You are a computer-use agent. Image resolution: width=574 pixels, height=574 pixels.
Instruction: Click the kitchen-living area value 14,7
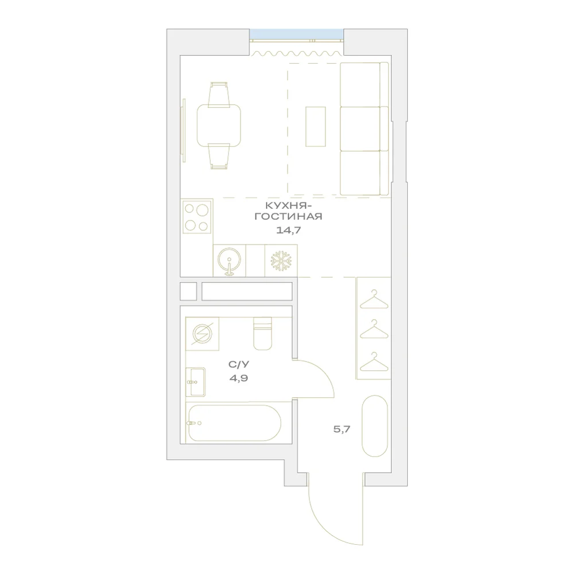click(289, 230)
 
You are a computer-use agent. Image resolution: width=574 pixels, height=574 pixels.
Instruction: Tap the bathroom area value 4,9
click(239, 378)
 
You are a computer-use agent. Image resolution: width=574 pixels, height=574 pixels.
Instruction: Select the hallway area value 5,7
click(342, 429)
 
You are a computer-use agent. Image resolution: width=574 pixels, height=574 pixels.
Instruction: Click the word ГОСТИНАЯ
click(289, 216)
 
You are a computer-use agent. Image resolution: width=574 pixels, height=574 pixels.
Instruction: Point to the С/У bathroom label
click(239, 364)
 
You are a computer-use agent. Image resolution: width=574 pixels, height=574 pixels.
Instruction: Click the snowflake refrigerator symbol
click(281, 261)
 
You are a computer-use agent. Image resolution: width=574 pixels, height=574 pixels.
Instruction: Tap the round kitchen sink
click(229, 260)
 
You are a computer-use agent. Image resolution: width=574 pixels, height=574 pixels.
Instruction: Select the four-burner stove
click(197, 217)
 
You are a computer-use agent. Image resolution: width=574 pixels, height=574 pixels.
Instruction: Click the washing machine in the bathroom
click(202, 334)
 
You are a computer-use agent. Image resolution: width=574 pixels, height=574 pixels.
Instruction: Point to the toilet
click(263, 333)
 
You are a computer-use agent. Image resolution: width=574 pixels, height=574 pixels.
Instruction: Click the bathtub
click(234, 423)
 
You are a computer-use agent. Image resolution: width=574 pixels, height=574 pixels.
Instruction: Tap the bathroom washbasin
click(196, 382)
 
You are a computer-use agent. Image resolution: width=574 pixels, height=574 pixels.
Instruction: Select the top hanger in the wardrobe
click(374, 300)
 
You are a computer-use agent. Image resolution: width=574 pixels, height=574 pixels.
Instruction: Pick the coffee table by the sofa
click(316, 127)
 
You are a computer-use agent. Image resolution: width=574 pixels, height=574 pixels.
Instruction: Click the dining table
click(219, 126)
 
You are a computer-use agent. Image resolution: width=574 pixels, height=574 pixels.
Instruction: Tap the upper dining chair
click(219, 95)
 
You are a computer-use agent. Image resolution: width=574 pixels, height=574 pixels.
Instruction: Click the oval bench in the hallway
click(374, 426)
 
